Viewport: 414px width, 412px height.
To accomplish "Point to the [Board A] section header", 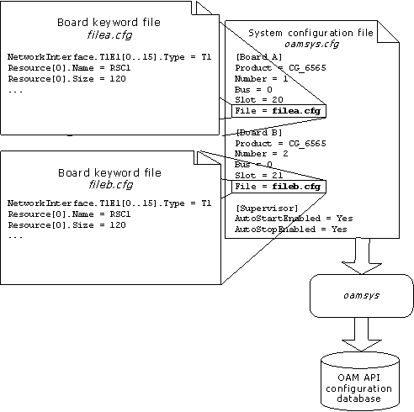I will [259, 57].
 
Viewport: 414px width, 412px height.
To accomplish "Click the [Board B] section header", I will [259, 133].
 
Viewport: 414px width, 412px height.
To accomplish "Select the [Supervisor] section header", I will [265, 207].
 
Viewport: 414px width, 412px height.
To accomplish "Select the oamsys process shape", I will [363, 296].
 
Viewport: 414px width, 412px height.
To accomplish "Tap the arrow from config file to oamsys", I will [363, 255].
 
